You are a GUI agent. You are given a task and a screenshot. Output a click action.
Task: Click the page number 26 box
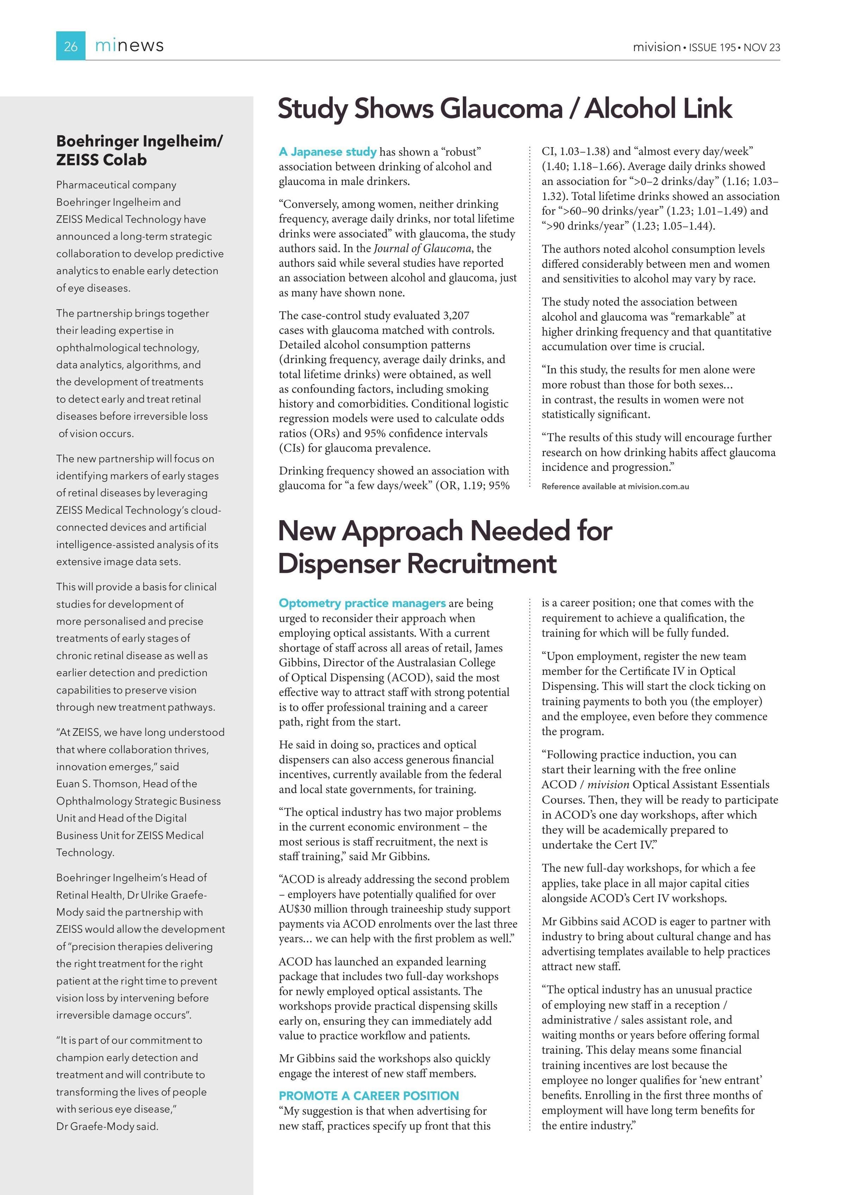(x=70, y=46)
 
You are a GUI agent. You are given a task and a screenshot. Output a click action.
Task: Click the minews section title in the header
(x=129, y=46)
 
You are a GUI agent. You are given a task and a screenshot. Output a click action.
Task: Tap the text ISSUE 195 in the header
(x=712, y=47)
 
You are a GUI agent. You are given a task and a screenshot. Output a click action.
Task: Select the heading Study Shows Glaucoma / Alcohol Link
(x=505, y=109)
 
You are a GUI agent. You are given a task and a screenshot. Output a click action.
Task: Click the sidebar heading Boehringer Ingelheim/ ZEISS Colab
(x=139, y=150)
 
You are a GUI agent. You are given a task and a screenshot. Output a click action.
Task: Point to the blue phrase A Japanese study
(x=327, y=152)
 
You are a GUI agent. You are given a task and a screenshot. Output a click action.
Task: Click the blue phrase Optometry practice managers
(x=362, y=603)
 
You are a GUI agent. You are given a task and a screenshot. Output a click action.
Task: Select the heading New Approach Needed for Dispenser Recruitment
(x=445, y=547)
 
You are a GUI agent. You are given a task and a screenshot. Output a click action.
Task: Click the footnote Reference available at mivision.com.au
(x=615, y=487)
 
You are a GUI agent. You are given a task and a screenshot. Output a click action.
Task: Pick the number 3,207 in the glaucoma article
(x=456, y=316)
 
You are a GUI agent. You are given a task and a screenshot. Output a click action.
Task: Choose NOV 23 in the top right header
(x=762, y=47)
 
